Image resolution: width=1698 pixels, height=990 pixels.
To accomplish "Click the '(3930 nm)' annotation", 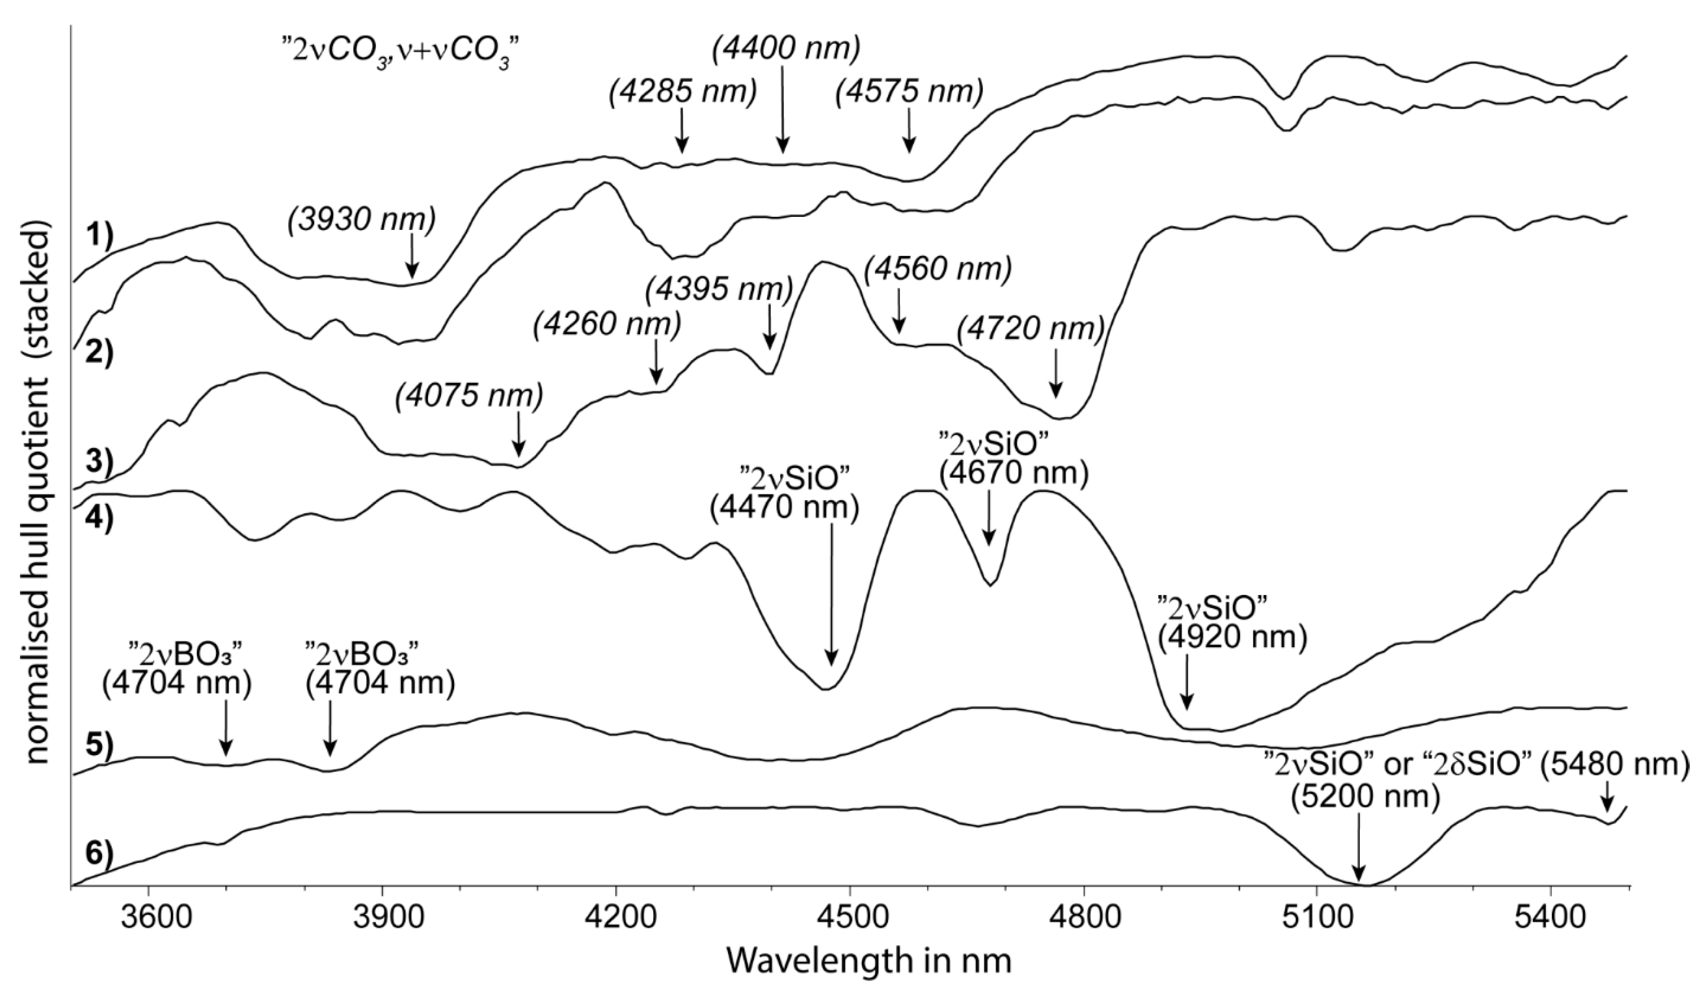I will [x=362, y=220].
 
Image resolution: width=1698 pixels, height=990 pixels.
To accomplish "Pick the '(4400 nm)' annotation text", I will [x=786, y=50].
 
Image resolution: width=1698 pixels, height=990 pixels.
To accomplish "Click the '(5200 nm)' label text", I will [x=1365, y=797].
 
